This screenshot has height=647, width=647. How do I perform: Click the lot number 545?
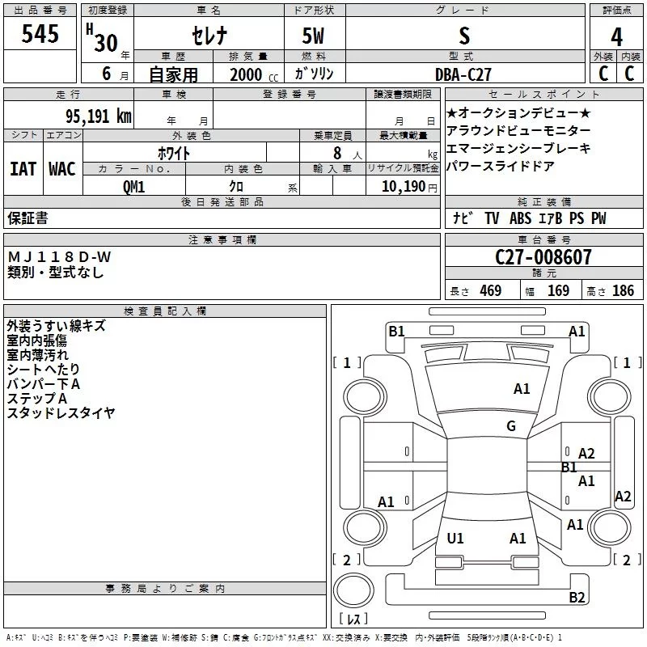[x=40, y=33]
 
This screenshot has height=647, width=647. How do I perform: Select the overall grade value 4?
[x=616, y=36]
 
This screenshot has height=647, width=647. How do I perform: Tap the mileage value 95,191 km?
[x=98, y=116]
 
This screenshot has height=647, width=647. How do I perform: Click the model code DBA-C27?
[x=463, y=74]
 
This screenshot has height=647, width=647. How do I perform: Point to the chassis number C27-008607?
[x=543, y=257]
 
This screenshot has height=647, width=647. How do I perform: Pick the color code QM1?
[x=133, y=187]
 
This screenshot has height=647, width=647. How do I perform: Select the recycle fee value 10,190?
[x=404, y=187]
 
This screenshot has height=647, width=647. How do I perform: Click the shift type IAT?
[x=23, y=169]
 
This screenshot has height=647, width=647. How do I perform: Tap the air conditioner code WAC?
[x=62, y=169]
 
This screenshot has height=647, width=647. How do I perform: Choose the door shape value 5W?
[x=313, y=36]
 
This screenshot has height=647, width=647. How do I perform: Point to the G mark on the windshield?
[x=511, y=425]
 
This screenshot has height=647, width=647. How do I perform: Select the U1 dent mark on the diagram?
[x=455, y=538]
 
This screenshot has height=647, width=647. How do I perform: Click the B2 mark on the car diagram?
[x=577, y=597]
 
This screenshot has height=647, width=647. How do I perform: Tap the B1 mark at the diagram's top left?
[x=396, y=332]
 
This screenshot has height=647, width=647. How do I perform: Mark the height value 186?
[x=623, y=290]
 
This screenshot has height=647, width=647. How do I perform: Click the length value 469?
[x=491, y=290]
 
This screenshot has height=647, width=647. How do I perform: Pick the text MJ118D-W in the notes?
[x=59, y=257]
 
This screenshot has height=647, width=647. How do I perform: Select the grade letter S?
[x=464, y=36]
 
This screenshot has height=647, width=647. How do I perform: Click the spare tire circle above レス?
[x=353, y=590]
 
